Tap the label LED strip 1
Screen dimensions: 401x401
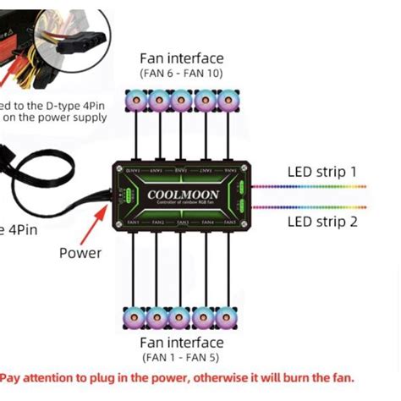[x=322, y=173]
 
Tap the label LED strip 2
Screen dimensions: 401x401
[x=322, y=222]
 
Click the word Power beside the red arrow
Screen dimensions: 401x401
[x=80, y=252]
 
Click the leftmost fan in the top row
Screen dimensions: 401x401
[x=135, y=102]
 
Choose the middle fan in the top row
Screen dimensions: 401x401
[x=180, y=102]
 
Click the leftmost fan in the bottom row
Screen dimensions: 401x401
[x=135, y=318]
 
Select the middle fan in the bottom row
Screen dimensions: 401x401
[x=180, y=318]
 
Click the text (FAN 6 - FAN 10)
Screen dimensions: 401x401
[x=182, y=74]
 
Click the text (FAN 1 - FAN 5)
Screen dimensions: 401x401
[x=182, y=358]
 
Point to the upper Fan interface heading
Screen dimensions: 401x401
[x=182, y=58]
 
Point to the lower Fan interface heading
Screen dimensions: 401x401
[x=182, y=343]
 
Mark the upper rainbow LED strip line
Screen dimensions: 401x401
[x=310, y=188]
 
